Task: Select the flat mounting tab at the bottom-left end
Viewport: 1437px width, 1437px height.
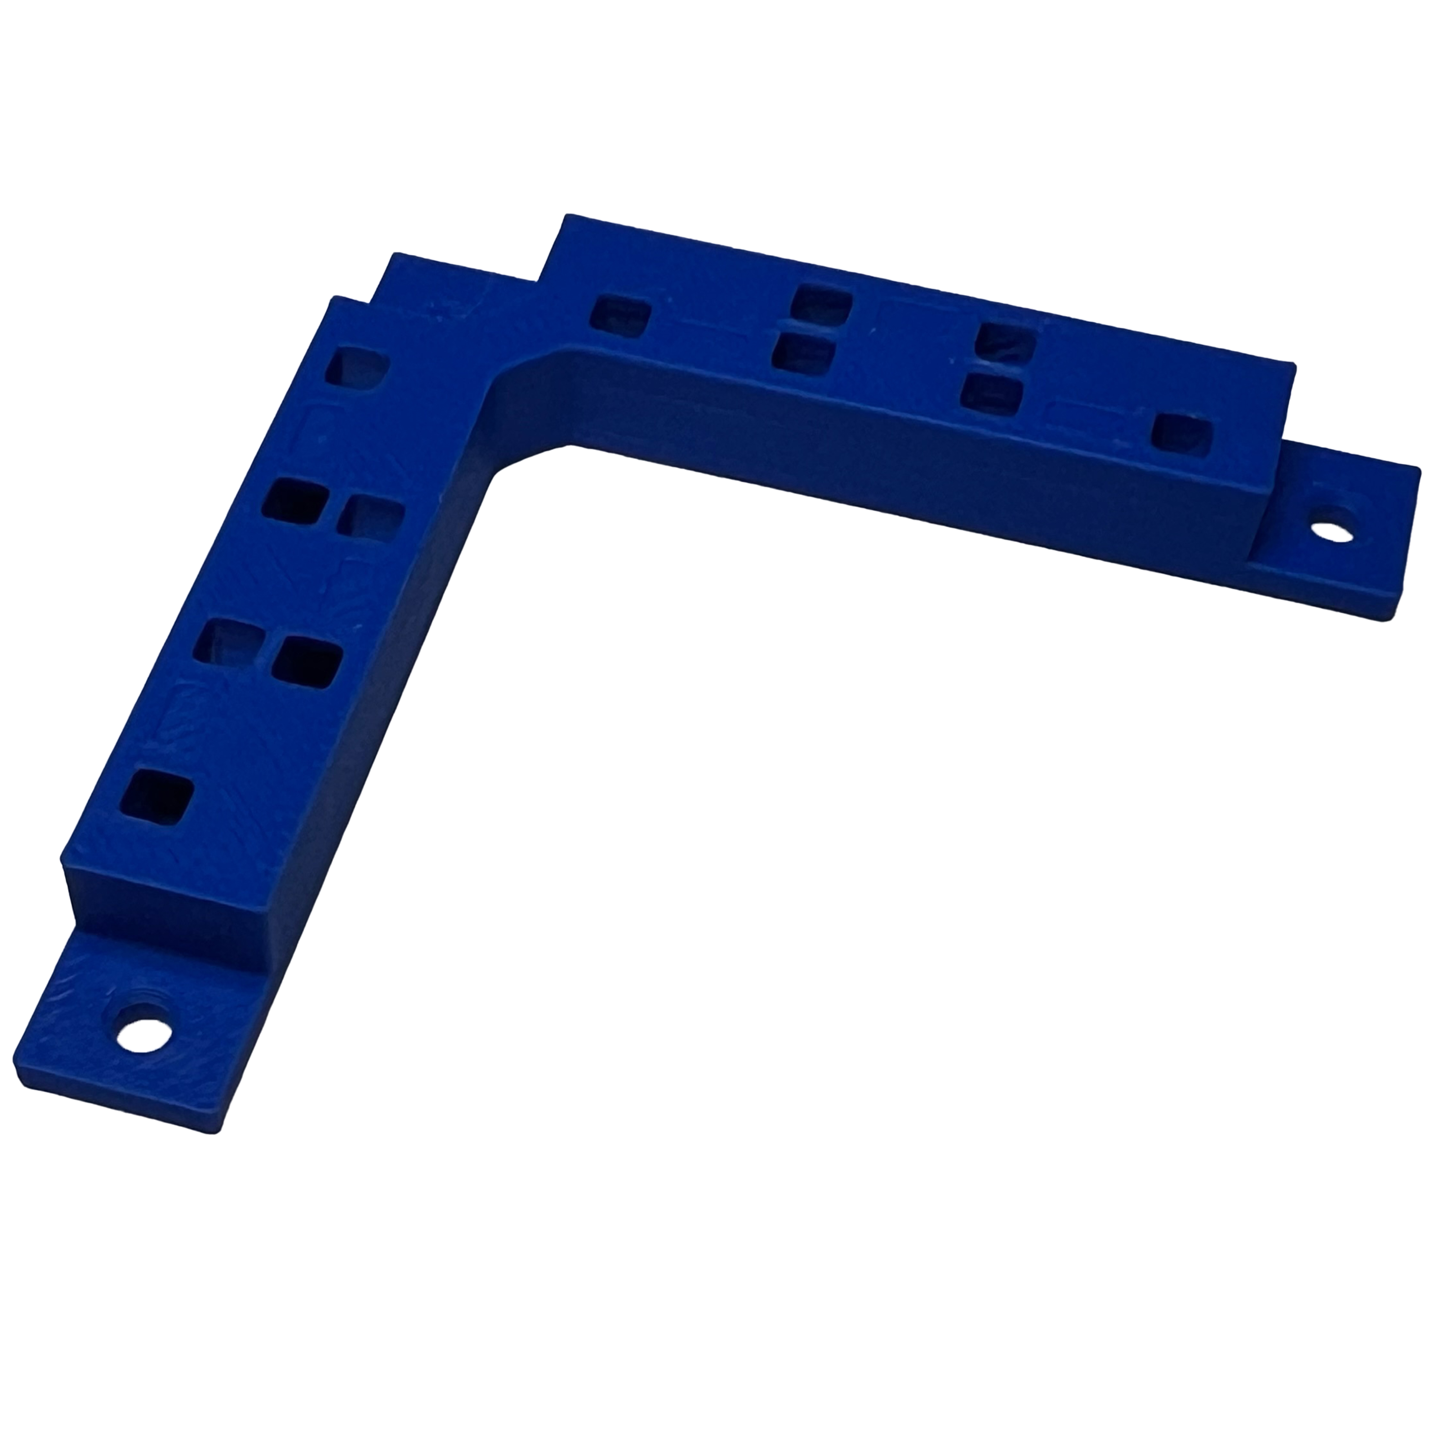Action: click(x=141, y=1041)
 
